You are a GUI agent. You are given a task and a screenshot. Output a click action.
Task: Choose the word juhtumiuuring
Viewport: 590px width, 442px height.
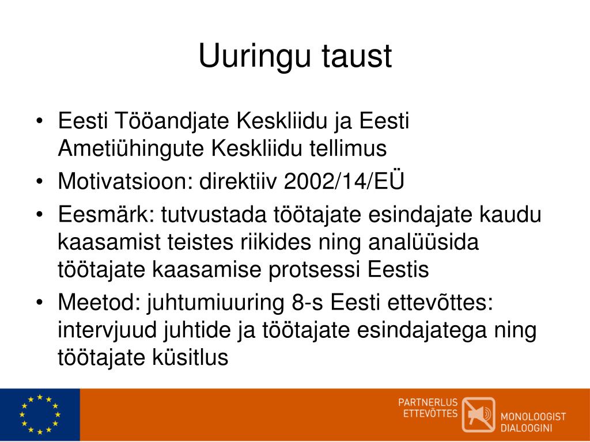click(218, 303)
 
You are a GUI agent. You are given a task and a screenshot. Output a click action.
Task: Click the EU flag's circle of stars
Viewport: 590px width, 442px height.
click(39, 414)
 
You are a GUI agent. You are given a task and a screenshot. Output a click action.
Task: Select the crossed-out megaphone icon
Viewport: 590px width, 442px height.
click(478, 414)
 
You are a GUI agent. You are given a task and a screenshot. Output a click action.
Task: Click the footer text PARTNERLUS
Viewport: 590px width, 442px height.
click(428, 402)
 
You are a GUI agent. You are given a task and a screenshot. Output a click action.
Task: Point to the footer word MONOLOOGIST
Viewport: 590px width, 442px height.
click(533, 417)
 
